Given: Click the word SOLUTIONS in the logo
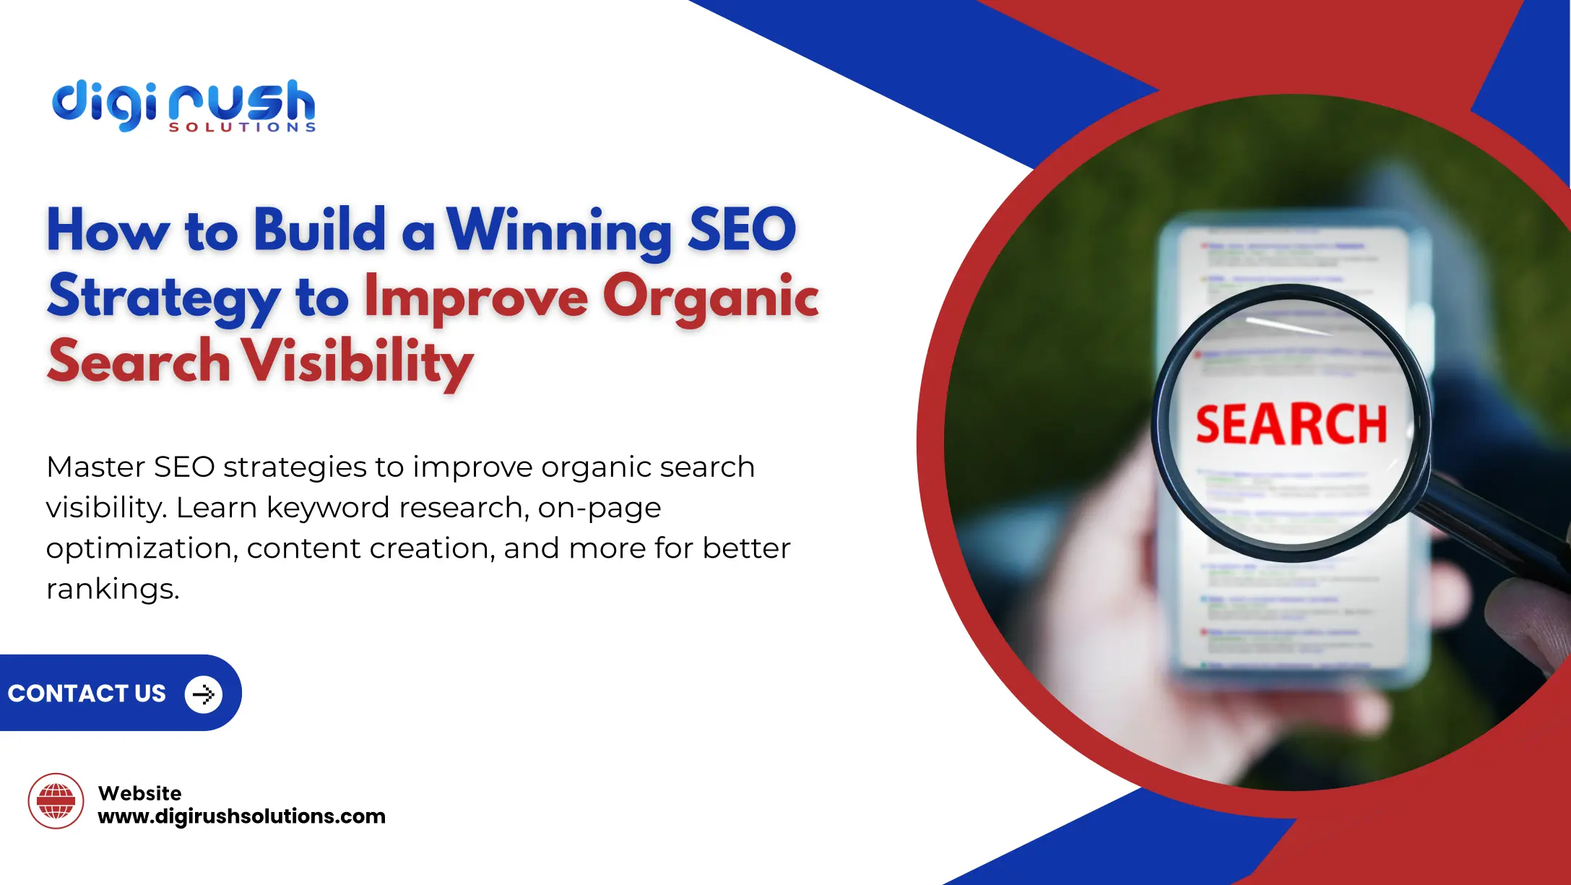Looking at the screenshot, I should [x=242, y=127].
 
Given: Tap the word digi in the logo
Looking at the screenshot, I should [x=104, y=105].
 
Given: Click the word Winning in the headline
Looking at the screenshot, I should [x=558, y=231].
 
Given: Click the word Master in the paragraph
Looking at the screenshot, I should [x=95, y=467].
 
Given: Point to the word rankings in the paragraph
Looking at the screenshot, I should [x=112, y=589].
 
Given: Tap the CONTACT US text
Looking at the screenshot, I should [x=87, y=694].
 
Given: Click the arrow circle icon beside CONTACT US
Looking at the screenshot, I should [x=203, y=694].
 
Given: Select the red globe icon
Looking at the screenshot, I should [x=56, y=800].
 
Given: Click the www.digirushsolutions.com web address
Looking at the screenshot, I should [x=241, y=816].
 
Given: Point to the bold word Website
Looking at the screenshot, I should [x=139, y=793].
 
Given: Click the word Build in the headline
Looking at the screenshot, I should [x=319, y=230].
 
